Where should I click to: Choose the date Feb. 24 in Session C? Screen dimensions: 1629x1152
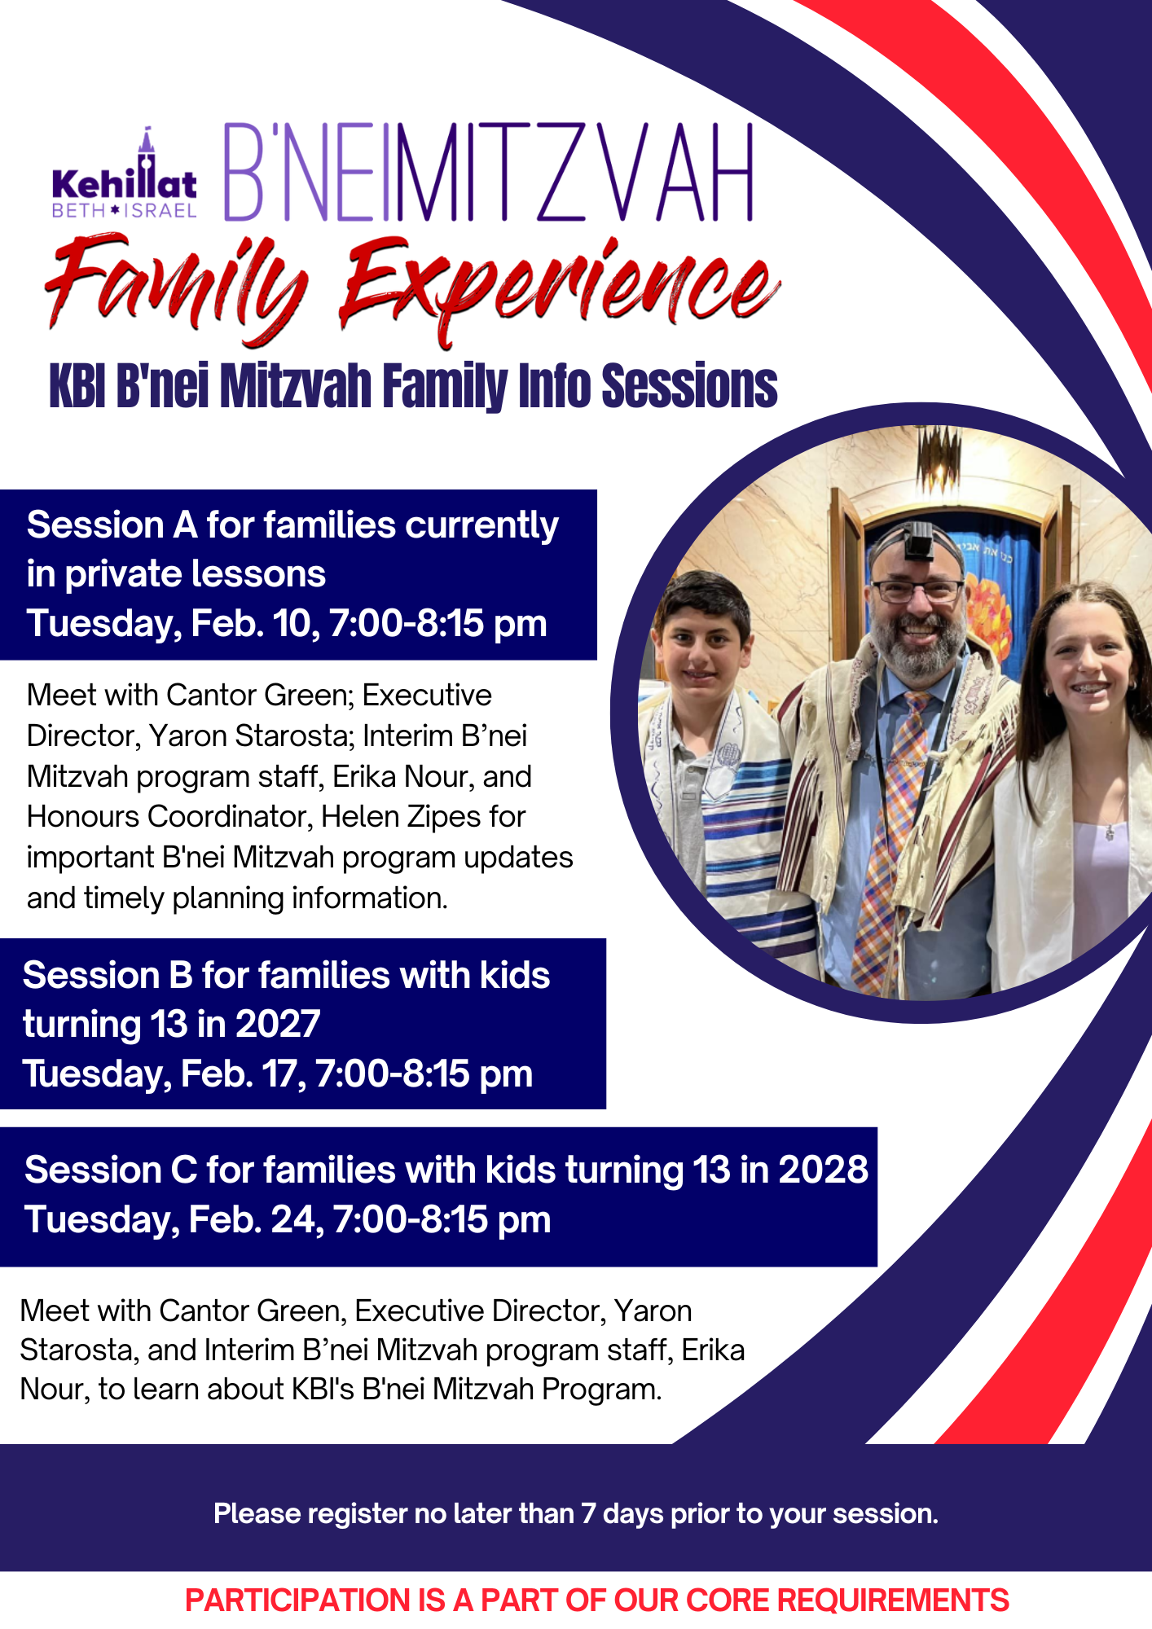[253, 1220]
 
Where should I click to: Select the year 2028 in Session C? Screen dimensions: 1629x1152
[823, 1170]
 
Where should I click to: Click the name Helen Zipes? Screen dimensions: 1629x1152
[424, 817]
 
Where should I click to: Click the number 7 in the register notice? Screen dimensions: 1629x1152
[587, 1513]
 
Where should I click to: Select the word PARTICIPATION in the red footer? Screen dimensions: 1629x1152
[297, 1600]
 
